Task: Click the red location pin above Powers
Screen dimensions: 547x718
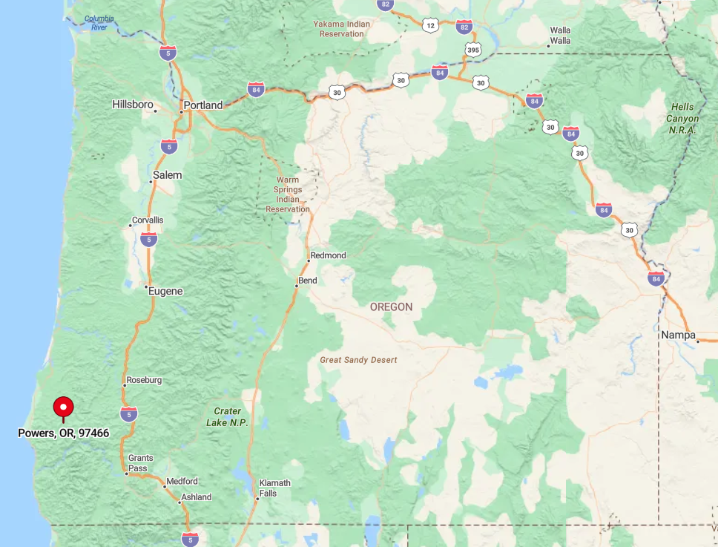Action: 64,407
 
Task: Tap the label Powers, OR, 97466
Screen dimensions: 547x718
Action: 64,433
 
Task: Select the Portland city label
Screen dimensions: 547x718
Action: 202,105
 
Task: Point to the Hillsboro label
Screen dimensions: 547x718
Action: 133,105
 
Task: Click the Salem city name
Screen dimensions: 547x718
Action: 167,176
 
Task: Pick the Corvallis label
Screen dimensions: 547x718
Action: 147,220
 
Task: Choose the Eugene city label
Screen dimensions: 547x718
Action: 165,291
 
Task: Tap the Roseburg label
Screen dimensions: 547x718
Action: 143,380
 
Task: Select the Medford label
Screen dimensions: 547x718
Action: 182,482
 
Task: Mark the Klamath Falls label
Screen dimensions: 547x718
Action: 274,488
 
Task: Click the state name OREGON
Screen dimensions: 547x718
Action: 391,307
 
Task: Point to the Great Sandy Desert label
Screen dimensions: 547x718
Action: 358,360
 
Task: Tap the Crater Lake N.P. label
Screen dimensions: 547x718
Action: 227,416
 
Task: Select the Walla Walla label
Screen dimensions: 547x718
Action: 560,35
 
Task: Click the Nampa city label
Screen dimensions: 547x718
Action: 679,335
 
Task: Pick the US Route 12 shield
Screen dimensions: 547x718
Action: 430,25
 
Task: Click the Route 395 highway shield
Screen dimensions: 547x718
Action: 473,50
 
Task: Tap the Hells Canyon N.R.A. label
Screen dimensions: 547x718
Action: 682,118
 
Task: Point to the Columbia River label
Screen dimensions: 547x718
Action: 99,22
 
